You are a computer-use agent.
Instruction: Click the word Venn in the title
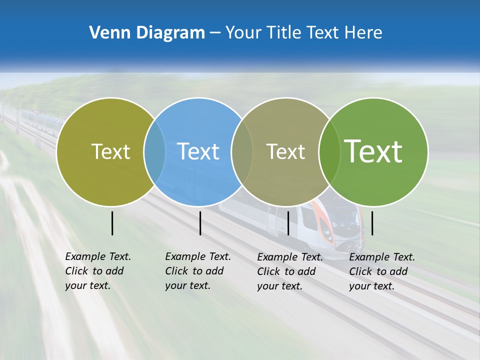(x=107, y=33)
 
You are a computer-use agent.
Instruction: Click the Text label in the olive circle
(x=110, y=151)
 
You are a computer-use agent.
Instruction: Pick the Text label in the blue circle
(x=198, y=151)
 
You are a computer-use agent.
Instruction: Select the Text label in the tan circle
(x=285, y=151)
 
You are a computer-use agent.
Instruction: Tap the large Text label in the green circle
(x=373, y=151)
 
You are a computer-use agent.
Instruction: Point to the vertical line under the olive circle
(x=112, y=223)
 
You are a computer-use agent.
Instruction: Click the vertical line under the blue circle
(x=200, y=223)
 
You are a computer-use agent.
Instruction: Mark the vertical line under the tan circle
(x=288, y=223)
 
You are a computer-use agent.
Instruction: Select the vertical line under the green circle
(x=372, y=223)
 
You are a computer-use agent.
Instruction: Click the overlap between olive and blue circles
(x=154, y=152)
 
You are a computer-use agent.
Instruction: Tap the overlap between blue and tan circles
(x=242, y=152)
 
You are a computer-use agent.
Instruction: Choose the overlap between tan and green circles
(x=329, y=152)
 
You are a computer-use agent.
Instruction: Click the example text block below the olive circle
(x=97, y=271)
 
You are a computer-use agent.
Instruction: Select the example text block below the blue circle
(x=197, y=271)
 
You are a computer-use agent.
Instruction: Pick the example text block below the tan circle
(x=289, y=271)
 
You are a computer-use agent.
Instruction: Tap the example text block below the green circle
(x=381, y=271)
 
